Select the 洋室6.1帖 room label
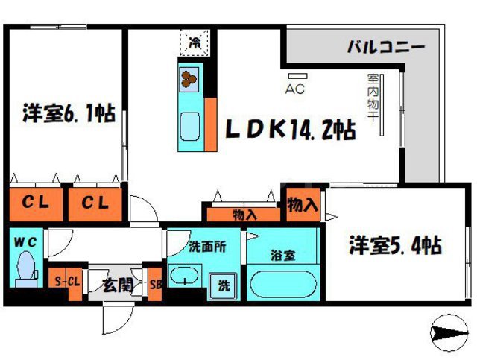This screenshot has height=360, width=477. click(x=68, y=115)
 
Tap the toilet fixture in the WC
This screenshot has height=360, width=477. click(x=26, y=270)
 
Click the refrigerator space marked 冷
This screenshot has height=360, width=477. click(x=194, y=42)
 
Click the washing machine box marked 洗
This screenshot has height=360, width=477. click(x=224, y=283)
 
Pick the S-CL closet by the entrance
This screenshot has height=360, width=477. click(x=68, y=282)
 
